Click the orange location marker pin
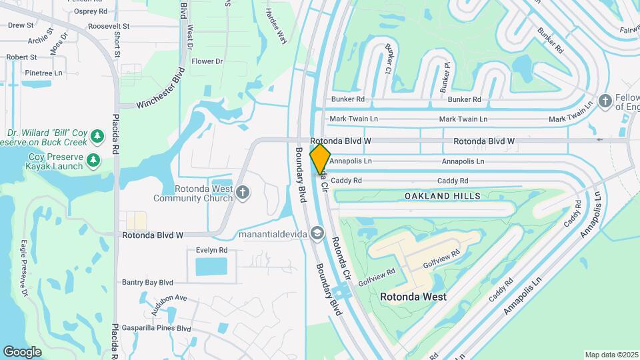320,159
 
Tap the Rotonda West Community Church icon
243,193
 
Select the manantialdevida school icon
317,233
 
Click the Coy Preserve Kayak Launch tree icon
93,160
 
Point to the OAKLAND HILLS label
443,195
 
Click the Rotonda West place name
413,297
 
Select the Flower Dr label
207,61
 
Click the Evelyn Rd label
212,250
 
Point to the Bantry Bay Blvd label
147,283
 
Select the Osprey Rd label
91,11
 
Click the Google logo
22,351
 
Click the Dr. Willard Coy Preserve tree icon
98,136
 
